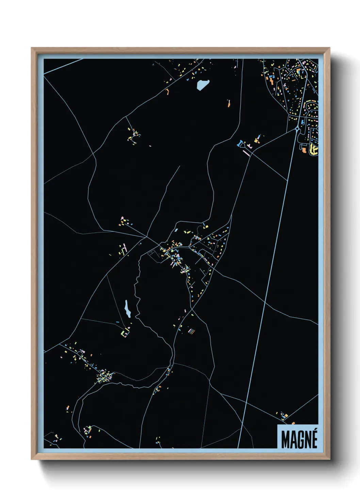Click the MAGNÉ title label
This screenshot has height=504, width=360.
coord(299,439)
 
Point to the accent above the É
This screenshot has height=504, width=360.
coord(315,431)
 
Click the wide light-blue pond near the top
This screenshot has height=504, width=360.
coord(202,84)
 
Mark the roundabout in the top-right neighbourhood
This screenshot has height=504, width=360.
coord(298,129)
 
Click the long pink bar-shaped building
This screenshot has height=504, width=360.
coord(246,153)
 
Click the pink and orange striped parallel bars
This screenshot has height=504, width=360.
coord(192,331)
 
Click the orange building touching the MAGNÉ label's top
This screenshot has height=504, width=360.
coord(293,423)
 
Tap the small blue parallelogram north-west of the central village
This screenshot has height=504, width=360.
coord(176,230)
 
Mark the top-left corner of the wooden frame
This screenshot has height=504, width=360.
coord(32,48)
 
